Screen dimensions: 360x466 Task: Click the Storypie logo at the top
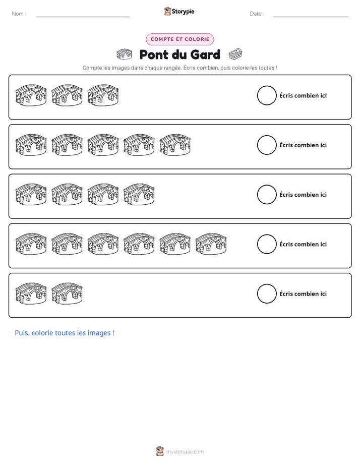tap(179, 11)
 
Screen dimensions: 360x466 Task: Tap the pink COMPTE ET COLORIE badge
tap(179, 39)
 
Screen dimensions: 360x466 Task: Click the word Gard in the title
tap(205, 54)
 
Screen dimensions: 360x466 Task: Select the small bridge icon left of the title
tap(124, 54)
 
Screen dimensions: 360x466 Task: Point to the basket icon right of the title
tap(235, 54)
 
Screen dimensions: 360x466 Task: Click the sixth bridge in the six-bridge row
tap(211, 244)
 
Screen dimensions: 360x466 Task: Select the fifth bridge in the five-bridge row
tap(175, 145)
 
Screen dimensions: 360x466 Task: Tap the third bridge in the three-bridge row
tap(103, 95)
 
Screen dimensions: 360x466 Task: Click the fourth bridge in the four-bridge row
tap(139, 195)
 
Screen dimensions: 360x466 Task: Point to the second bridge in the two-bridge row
tap(67, 294)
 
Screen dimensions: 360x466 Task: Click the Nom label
tap(19, 14)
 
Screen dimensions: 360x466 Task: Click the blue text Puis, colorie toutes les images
tap(65, 333)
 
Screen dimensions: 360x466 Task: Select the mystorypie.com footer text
tap(185, 452)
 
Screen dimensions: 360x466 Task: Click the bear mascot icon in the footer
tap(160, 451)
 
